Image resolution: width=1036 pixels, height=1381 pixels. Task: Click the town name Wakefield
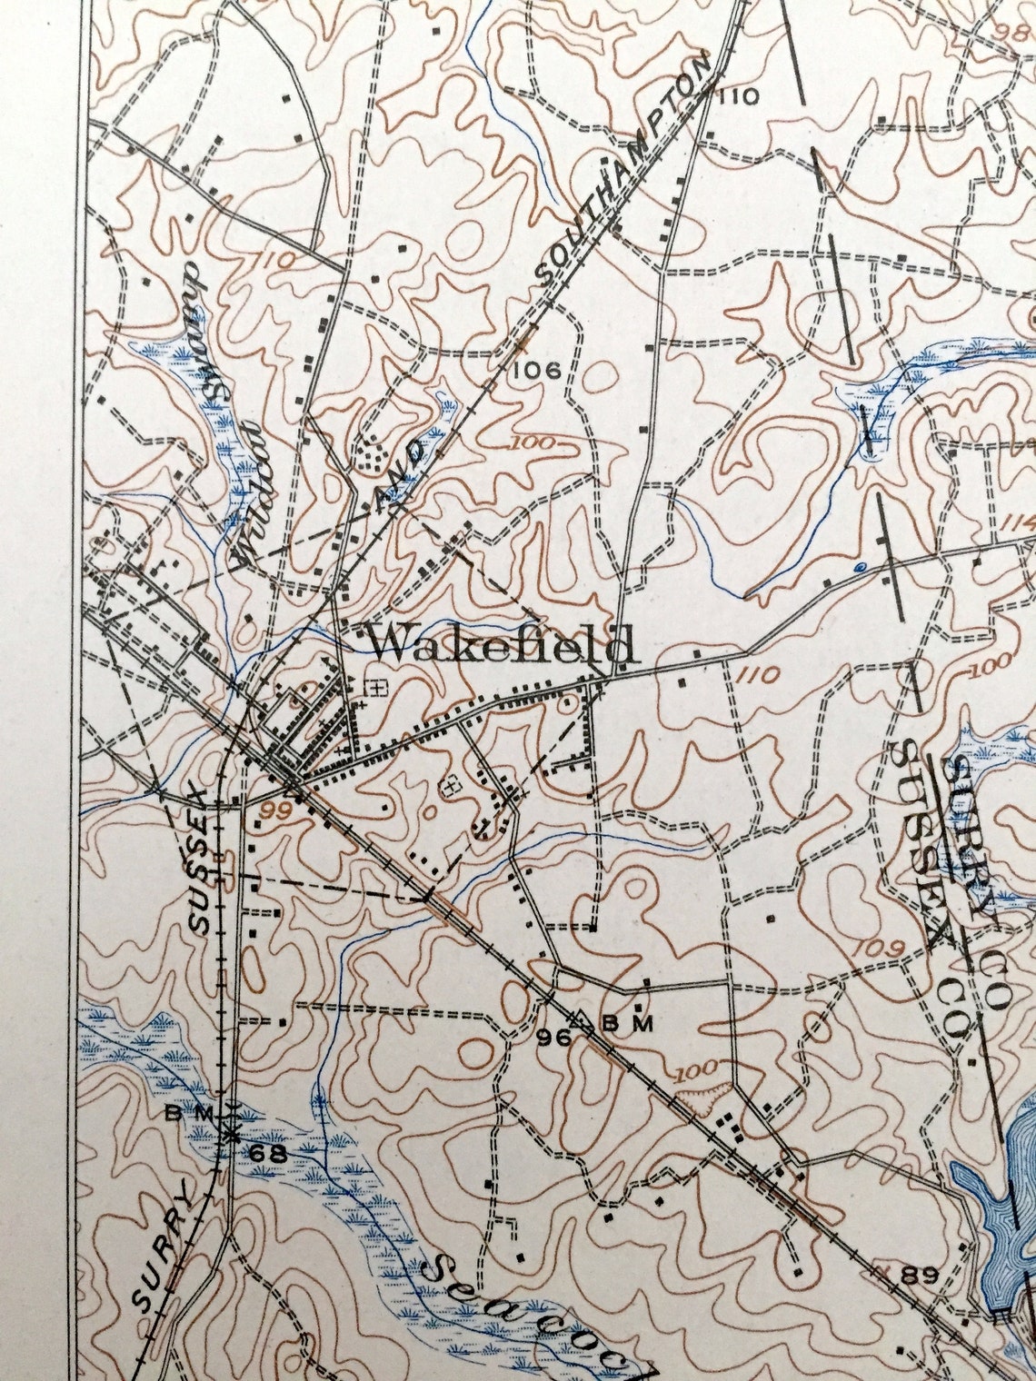point(499,645)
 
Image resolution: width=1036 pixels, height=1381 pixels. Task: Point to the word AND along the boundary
point(403,473)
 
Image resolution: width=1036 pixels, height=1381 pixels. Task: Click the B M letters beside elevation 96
point(629,1025)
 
